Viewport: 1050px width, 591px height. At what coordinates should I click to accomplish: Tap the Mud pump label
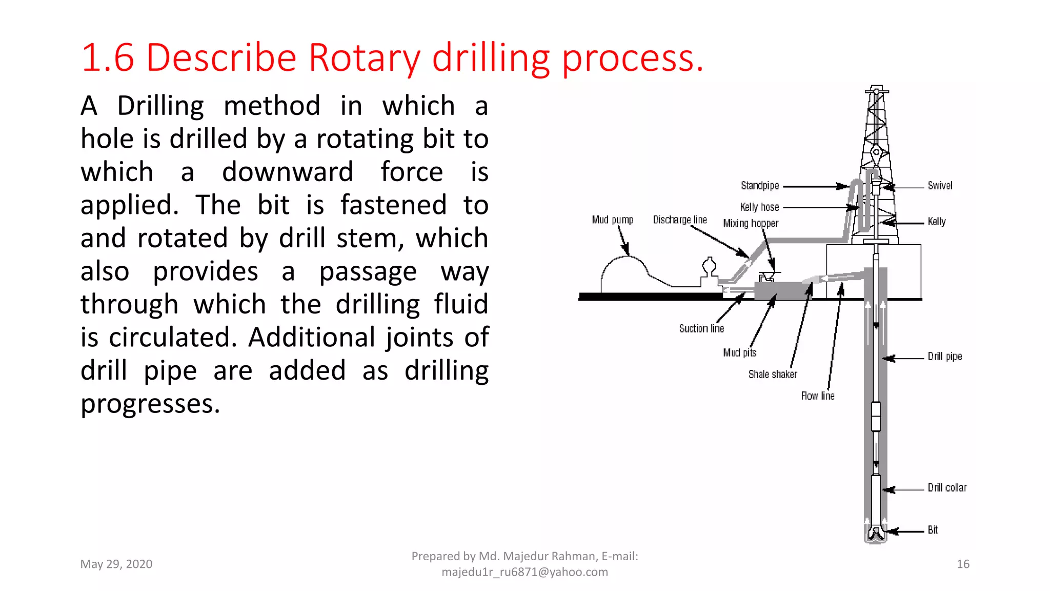point(613,220)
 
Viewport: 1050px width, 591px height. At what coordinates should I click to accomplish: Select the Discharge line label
point(680,220)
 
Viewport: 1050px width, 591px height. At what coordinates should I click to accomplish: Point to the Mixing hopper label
point(751,223)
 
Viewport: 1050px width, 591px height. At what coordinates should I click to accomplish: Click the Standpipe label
point(760,185)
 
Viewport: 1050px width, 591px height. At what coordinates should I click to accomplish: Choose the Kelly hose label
point(759,207)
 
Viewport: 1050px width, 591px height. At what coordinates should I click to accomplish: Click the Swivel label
point(940,185)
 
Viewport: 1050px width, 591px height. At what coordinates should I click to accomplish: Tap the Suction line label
point(701,328)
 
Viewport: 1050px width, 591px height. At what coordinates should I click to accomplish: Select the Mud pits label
point(739,352)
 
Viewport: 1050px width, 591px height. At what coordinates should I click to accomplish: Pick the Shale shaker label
point(772,374)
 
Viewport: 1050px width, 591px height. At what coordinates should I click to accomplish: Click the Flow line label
point(818,396)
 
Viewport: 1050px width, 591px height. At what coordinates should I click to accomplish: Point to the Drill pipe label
point(944,356)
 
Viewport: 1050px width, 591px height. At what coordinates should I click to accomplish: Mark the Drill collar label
point(947,487)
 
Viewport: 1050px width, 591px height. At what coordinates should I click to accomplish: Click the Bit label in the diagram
point(933,530)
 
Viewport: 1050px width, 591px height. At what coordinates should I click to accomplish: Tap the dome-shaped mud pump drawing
point(623,274)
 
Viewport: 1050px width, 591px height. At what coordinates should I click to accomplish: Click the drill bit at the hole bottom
point(876,534)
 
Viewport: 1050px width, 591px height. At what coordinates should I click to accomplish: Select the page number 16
point(963,564)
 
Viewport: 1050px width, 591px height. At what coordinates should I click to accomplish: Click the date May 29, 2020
point(116,564)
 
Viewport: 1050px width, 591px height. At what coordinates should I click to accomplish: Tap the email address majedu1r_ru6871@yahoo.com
point(524,572)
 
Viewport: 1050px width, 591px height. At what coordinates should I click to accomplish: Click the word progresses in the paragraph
point(150,404)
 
